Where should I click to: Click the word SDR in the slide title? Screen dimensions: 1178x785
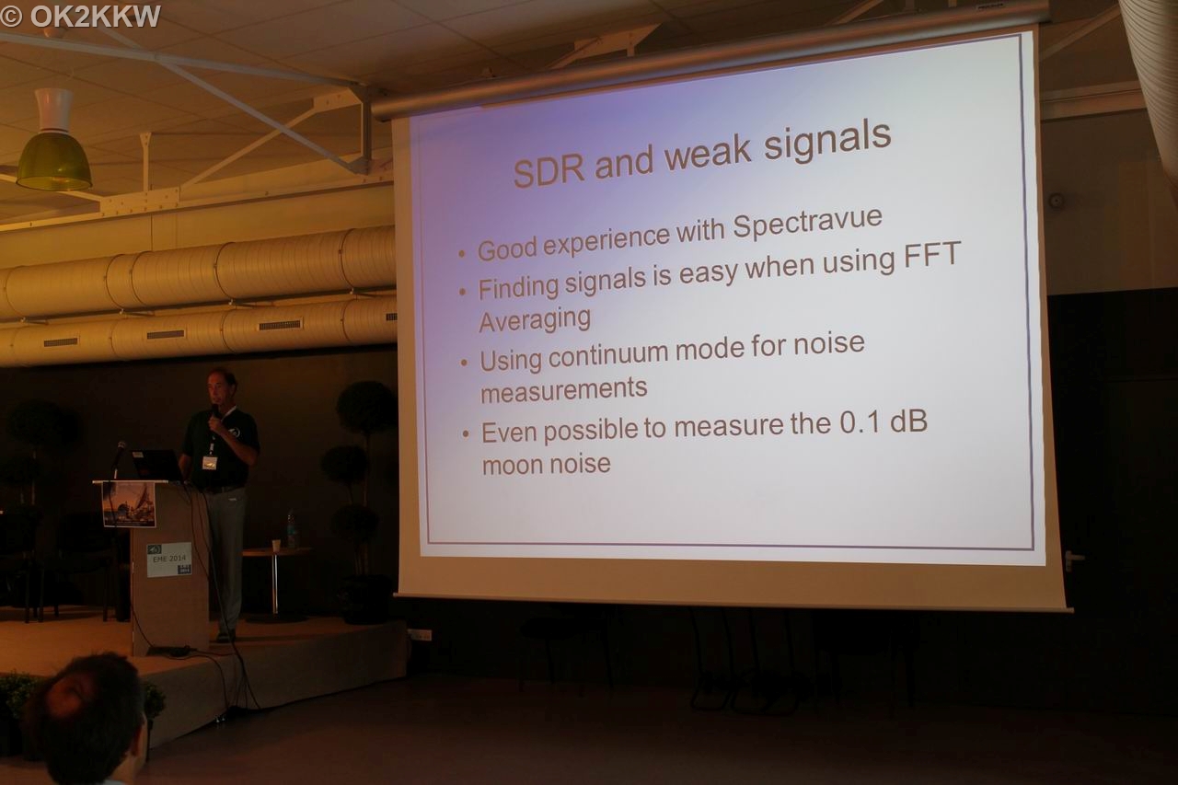coord(549,170)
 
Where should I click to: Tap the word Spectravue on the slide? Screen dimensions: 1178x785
coord(807,222)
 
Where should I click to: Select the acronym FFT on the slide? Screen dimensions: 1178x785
coord(932,255)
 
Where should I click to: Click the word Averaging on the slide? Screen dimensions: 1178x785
coord(535,320)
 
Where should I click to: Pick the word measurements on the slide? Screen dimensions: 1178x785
coord(564,390)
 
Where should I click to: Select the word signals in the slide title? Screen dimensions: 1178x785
coord(826,141)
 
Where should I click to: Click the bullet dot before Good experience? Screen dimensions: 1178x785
coord(462,254)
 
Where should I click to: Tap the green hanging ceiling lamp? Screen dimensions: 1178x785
coord(53,140)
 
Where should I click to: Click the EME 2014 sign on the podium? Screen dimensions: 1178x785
coord(168,559)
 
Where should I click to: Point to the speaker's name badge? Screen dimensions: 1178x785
coord(209,463)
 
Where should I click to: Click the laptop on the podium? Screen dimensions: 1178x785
coord(156,466)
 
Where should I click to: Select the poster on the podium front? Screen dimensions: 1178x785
coord(129,504)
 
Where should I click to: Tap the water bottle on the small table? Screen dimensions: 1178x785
coord(292,528)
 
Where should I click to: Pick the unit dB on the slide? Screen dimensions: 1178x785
coord(908,421)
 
